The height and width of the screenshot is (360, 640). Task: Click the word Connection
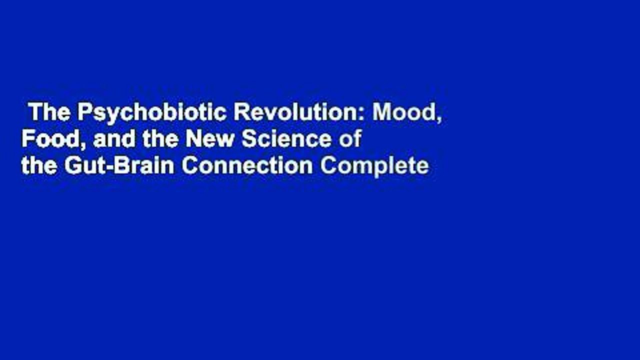tap(247, 166)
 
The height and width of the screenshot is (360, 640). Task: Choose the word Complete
tap(374, 166)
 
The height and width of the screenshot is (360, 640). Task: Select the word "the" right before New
tap(157, 139)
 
